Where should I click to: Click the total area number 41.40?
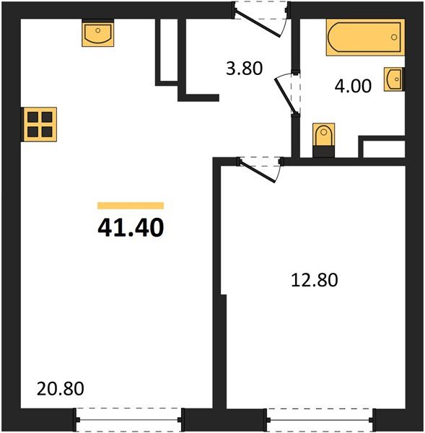click(131, 227)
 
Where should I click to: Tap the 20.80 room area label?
click(61, 389)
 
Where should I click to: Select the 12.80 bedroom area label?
click(315, 279)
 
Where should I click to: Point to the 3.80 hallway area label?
click(244, 70)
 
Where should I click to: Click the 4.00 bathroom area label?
click(353, 87)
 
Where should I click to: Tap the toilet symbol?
click(324, 137)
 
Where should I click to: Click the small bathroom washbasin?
click(394, 79)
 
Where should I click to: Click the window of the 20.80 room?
click(129, 418)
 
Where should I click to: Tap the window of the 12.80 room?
click(320, 418)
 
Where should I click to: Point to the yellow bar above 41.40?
click(131, 206)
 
